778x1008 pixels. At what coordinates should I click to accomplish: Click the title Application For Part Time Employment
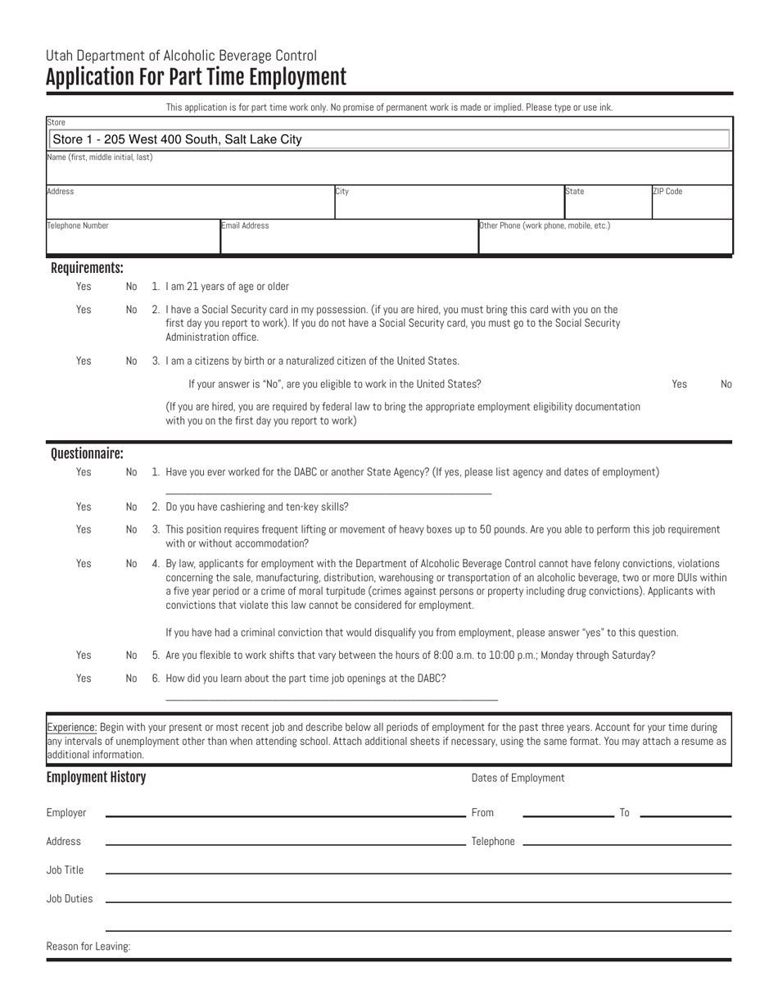[196, 78]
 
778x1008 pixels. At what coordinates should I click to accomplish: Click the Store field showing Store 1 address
[388, 139]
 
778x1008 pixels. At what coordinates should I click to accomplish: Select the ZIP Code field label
[667, 192]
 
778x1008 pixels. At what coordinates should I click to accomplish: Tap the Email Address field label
[246, 225]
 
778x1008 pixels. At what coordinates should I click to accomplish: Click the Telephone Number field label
[78, 225]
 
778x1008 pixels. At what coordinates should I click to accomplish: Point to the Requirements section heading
[87, 268]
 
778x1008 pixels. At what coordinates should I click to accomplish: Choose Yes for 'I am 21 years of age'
[84, 286]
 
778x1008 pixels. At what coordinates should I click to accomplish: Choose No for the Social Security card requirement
[132, 309]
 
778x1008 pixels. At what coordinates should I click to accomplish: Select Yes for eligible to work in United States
[679, 384]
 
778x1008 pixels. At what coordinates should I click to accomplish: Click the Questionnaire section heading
[87, 453]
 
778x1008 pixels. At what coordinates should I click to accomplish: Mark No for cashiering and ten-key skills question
[132, 506]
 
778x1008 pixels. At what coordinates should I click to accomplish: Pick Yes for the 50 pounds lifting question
[84, 529]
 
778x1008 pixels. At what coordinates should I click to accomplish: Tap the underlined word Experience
[72, 727]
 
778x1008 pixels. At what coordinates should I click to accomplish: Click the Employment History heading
[96, 778]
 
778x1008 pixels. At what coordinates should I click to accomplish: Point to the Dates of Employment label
[518, 778]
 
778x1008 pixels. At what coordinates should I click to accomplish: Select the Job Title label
[66, 870]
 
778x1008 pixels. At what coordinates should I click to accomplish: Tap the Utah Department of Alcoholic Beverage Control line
[181, 56]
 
